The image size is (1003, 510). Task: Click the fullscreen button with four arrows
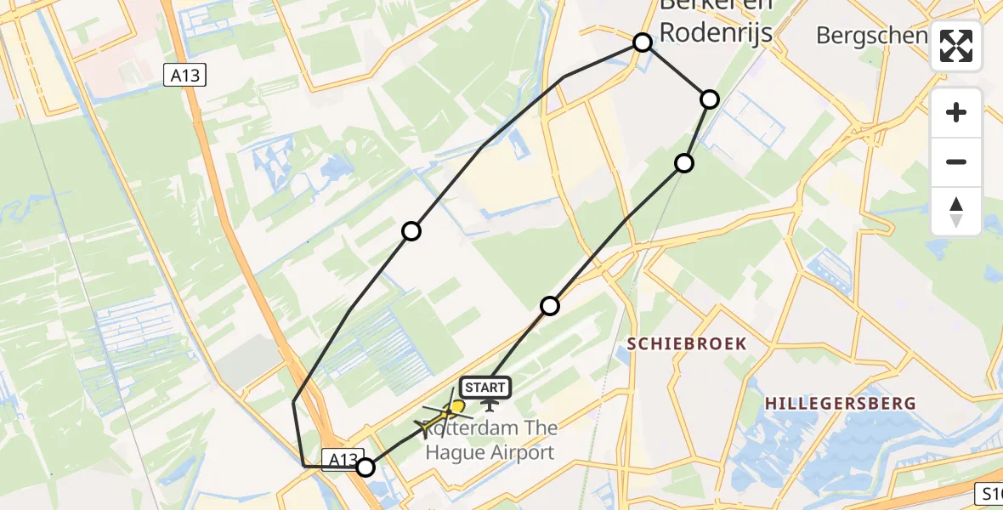point(956,46)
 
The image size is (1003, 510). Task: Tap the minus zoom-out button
point(956,161)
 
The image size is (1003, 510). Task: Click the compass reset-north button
point(956,211)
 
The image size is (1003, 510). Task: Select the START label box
point(486,388)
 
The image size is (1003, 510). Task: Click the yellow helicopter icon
point(445,415)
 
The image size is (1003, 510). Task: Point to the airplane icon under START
point(489,405)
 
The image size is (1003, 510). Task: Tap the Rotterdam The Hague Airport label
point(490,442)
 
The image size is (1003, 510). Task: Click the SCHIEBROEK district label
point(687,343)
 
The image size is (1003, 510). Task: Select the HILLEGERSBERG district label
point(840,403)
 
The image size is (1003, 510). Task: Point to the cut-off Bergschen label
point(871,36)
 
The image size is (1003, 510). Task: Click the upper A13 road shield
point(184,76)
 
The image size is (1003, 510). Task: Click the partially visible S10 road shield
point(989,493)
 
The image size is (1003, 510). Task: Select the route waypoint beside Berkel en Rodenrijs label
point(643,42)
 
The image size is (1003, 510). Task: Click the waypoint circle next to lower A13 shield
point(365,467)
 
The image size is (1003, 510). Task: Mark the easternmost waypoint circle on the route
point(710,99)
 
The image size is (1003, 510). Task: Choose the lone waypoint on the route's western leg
point(411,231)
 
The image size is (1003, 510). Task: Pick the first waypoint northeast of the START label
point(550,306)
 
